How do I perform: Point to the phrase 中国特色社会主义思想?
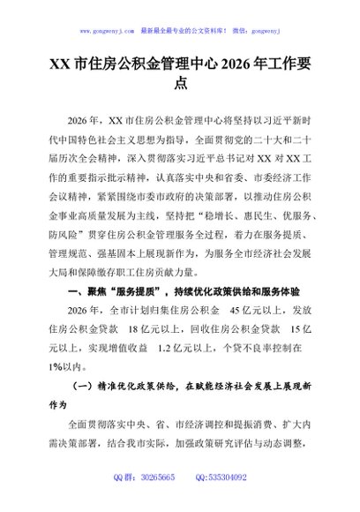pyautogui.click(x=101, y=138)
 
